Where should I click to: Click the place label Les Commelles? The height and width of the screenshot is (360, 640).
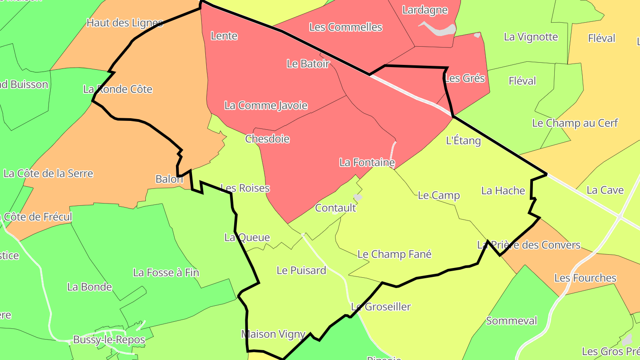pyautogui.click(x=345, y=27)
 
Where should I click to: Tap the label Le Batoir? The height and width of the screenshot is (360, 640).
pyautogui.click(x=308, y=64)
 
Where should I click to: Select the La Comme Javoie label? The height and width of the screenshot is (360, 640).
pyautogui.click(x=266, y=105)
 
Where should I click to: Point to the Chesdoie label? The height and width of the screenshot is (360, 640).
pyautogui.click(x=267, y=139)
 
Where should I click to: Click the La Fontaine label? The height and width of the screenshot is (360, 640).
pyautogui.click(x=367, y=163)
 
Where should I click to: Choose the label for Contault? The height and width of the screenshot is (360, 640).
pyautogui.click(x=336, y=208)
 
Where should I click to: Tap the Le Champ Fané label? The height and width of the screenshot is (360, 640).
pyautogui.click(x=394, y=254)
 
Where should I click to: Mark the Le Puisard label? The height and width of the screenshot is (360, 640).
pyautogui.click(x=301, y=270)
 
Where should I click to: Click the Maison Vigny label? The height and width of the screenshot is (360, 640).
pyautogui.click(x=273, y=334)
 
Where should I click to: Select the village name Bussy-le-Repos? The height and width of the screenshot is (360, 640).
pyautogui.click(x=109, y=340)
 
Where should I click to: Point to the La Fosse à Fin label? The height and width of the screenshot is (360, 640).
pyautogui.click(x=166, y=272)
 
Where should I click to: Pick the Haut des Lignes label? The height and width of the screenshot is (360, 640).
pyautogui.click(x=124, y=23)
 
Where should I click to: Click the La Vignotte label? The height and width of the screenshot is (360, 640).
pyautogui.click(x=531, y=36)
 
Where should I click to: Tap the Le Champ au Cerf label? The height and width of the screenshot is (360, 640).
pyautogui.click(x=575, y=123)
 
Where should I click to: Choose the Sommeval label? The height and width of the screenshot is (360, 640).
pyautogui.click(x=511, y=320)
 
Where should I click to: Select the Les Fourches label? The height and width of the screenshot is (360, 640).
pyautogui.click(x=585, y=278)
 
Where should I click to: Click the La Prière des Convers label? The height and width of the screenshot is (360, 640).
pyautogui.click(x=528, y=245)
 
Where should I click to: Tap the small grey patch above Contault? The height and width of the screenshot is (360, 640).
pyautogui.click(x=358, y=197)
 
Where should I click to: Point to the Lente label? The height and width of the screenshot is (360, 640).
pyautogui.click(x=224, y=36)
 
